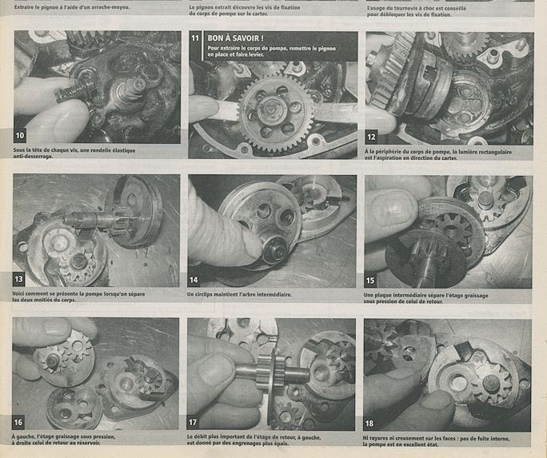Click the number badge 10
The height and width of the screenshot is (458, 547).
click(x=20, y=135)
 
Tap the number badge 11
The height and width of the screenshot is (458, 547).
click(x=195, y=38)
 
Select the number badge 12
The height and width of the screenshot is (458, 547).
click(x=371, y=137)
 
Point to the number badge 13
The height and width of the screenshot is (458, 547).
click(x=18, y=279)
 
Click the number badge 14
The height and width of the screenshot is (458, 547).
click(x=194, y=280)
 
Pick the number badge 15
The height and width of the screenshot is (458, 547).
click(x=370, y=281)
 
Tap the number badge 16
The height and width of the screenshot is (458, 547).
click(x=18, y=423)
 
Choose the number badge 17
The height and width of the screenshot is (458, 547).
click(x=193, y=423)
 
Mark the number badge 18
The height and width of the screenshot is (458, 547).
click(x=369, y=424)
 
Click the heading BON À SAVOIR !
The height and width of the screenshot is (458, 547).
click(x=235, y=38)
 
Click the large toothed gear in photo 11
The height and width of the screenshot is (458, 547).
click(x=275, y=114)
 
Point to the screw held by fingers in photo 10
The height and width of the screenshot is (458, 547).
click(x=74, y=93)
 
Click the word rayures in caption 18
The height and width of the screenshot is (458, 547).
click(x=380, y=439)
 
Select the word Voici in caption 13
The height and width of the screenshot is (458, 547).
click(x=18, y=294)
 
